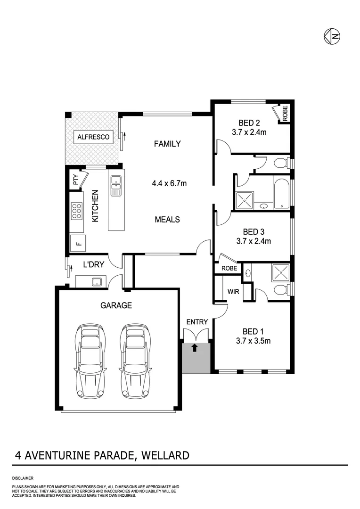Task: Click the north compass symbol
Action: click(332, 35)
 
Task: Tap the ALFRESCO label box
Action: click(93, 137)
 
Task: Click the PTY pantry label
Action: click(75, 180)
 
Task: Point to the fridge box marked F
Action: click(78, 243)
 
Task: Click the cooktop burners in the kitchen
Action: click(76, 211)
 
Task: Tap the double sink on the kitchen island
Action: click(115, 186)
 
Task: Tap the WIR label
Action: click(234, 292)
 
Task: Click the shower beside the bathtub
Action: click(245, 200)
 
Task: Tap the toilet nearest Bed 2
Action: click(281, 164)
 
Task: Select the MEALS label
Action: click(167, 219)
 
